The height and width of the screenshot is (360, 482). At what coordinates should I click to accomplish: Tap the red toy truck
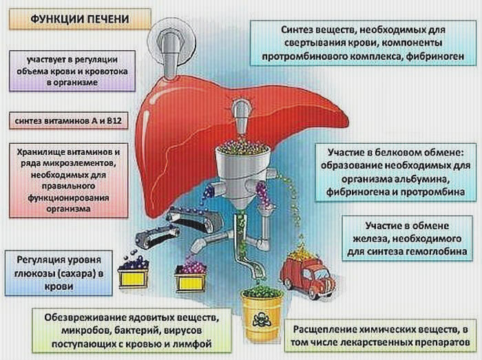click(x=308, y=271)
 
